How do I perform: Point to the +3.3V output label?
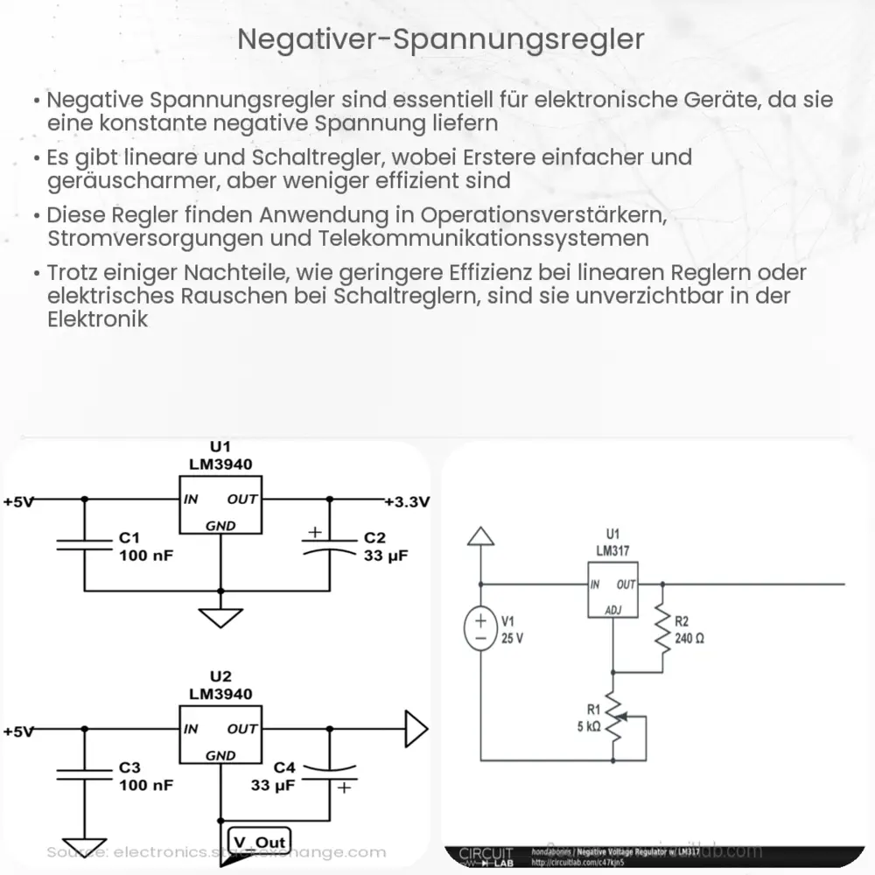click(407, 502)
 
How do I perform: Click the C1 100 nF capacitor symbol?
click(85, 544)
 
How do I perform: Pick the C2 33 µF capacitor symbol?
click(329, 544)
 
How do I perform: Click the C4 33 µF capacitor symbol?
click(329, 773)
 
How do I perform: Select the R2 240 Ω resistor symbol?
click(662, 627)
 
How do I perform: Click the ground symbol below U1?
click(220, 618)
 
